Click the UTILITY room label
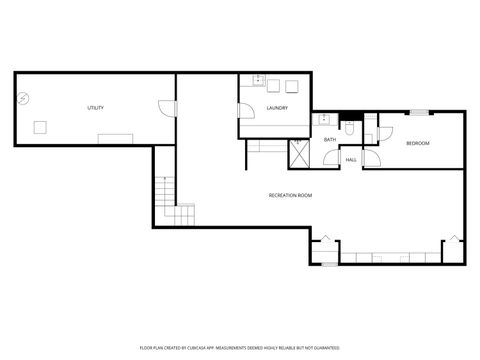click(x=96, y=108)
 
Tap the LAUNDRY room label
click(x=277, y=108)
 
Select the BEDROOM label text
click(x=417, y=144)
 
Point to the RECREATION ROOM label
click(x=290, y=195)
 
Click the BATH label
click(x=330, y=141)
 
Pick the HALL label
click(x=351, y=160)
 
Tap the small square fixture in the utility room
click(x=41, y=126)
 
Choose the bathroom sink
click(x=331, y=123)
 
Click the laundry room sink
click(x=258, y=81)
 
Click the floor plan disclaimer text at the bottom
click(x=240, y=350)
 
